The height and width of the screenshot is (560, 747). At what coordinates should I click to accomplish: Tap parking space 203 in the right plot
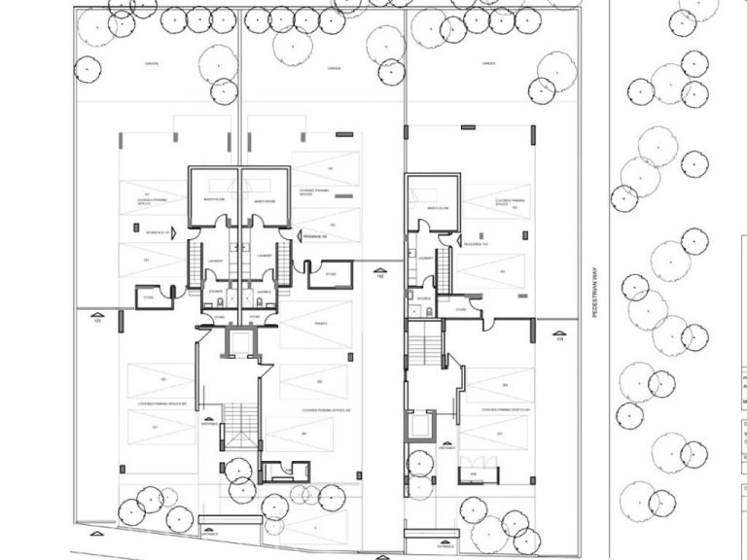(x=504, y=386)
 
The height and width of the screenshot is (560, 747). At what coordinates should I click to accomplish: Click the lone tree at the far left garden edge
(x=89, y=69)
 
